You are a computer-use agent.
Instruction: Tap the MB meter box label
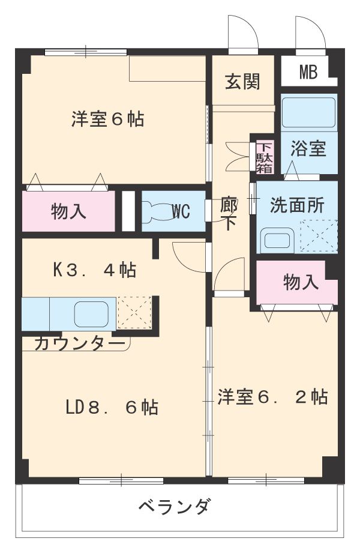[x=308, y=73]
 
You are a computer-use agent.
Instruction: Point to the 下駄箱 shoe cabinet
[x=265, y=157]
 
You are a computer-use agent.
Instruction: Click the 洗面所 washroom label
[x=296, y=206]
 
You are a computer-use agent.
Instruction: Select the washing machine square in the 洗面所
[x=319, y=237]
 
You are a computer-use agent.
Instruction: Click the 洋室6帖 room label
[x=108, y=119]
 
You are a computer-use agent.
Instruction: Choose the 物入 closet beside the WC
[x=68, y=211]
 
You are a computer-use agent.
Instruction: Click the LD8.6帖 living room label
[x=112, y=408]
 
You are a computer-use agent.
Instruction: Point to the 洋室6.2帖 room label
[x=272, y=397]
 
